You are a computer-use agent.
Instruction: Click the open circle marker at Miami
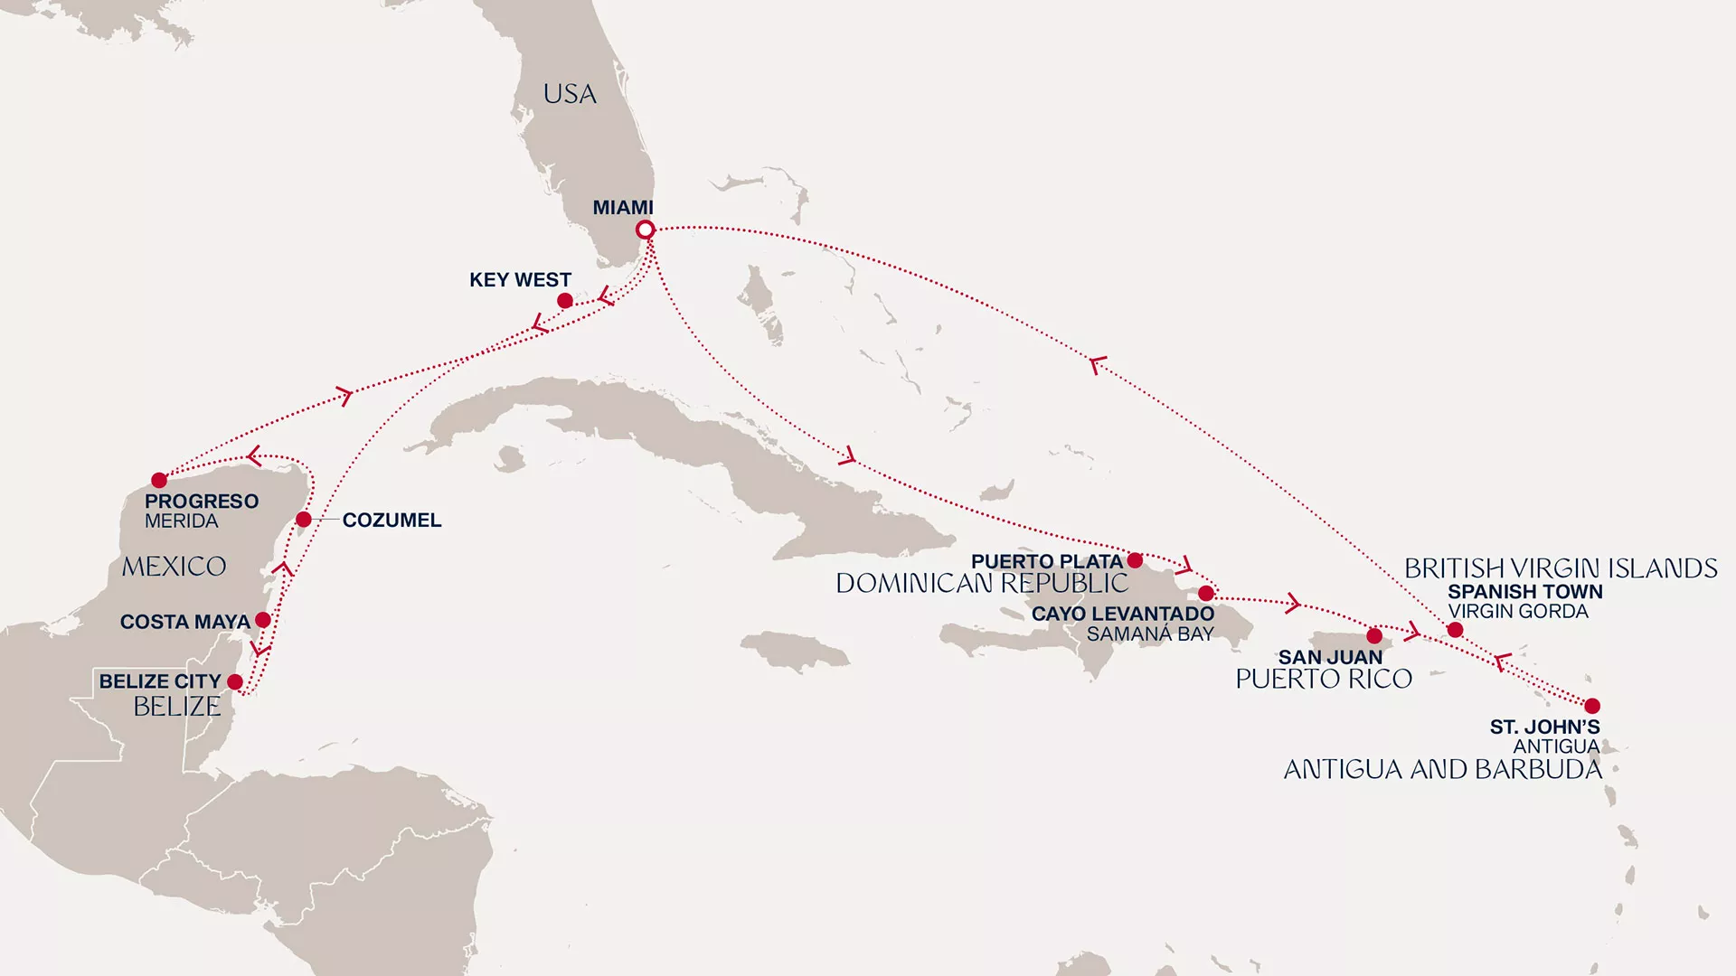point(645,230)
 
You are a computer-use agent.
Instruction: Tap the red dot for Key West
point(565,301)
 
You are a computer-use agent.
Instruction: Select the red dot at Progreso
point(159,480)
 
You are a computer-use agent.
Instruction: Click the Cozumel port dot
point(304,520)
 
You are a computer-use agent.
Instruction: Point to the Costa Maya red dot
point(263,620)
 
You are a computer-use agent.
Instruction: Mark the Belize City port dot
point(235,682)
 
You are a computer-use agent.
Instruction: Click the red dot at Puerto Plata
point(1135,560)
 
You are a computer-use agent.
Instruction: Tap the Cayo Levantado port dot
point(1206,594)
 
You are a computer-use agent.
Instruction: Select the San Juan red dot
point(1374,636)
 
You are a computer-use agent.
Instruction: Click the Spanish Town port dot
point(1455,630)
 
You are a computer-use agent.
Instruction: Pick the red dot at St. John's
point(1592,706)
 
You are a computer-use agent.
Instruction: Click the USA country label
point(570,94)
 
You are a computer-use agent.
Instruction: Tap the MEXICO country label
point(174,567)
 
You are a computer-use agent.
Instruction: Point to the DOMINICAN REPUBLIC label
point(981,584)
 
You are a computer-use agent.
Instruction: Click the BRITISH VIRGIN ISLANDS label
point(1561,568)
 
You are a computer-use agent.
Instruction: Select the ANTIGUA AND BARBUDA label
point(1442,770)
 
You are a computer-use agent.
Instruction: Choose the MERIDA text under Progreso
point(181,521)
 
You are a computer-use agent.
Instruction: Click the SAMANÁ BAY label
point(1149,634)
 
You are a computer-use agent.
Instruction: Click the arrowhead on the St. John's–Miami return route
point(1097,365)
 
